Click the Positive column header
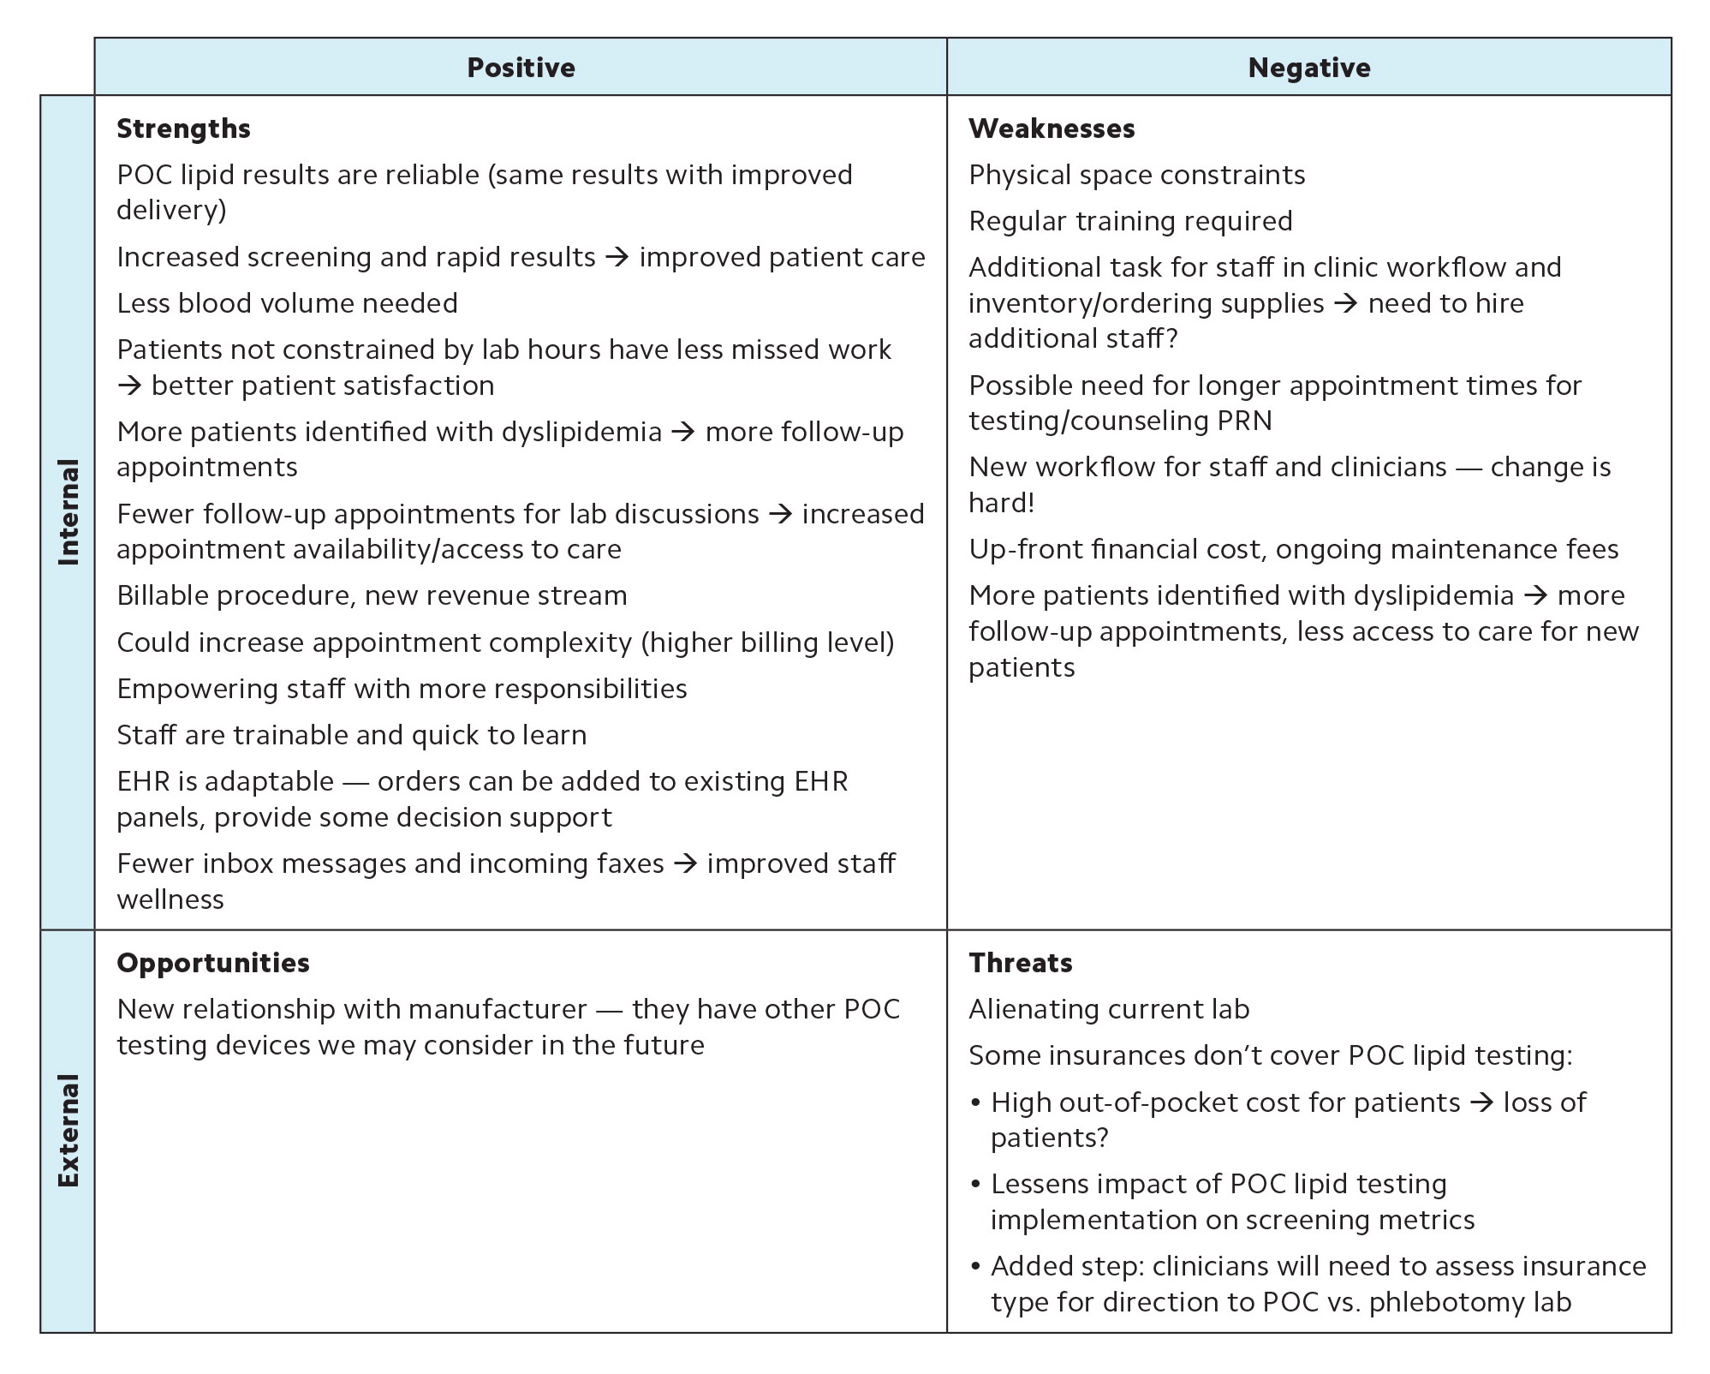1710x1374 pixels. pyautogui.click(x=521, y=67)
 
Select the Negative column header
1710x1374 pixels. pyautogui.click(x=1308, y=67)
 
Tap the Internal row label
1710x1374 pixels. pyautogui.click(x=68, y=511)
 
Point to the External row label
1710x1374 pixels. pyautogui.click(x=68, y=1130)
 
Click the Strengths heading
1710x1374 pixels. pyautogui.click(x=183, y=128)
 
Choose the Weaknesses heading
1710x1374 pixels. pyautogui.click(x=1052, y=128)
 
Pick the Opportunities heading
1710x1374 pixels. pyautogui.click(x=213, y=963)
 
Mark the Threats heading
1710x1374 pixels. pyautogui.click(x=1020, y=963)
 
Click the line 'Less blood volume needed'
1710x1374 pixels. pyautogui.click(x=287, y=303)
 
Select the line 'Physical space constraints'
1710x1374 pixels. pyautogui.click(x=1136, y=175)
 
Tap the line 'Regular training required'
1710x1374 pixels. pyautogui.click(x=1130, y=221)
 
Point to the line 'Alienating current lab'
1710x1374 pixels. pyautogui.click(x=1109, y=1009)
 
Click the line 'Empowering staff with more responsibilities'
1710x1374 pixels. pyautogui.click(x=402, y=689)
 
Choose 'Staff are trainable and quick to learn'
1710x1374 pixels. pyautogui.click(x=351, y=735)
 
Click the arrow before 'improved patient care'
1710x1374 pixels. pyautogui.click(x=617, y=257)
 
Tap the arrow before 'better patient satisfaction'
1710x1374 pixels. pyautogui.click(x=129, y=385)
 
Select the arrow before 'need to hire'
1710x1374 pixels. pyautogui.click(x=1346, y=303)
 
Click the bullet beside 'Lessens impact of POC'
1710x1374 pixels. pyautogui.click(x=975, y=1185)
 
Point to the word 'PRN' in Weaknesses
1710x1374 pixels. pyautogui.click(x=1242, y=421)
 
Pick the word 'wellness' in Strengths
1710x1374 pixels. pyautogui.click(x=170, y=899)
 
